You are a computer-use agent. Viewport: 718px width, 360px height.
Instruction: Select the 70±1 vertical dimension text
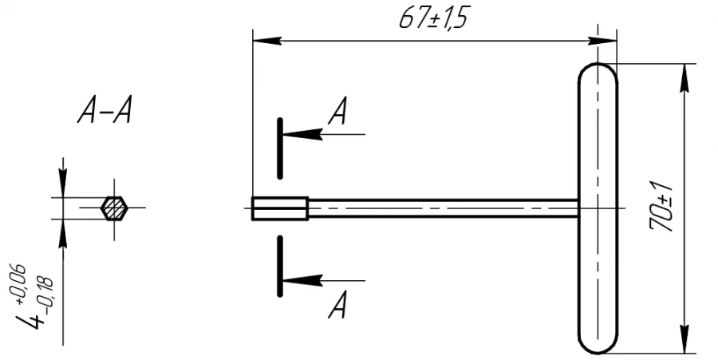coord(662,206)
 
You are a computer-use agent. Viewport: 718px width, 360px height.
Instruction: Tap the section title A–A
coord(105,113)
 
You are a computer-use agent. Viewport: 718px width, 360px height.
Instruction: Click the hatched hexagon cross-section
coord(114,208)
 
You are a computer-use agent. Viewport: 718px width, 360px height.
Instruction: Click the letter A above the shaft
coord(338,115)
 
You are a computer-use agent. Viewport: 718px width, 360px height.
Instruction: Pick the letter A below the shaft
coord(338,306)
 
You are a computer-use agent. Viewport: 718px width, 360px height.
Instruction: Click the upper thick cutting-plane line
coord(280,148)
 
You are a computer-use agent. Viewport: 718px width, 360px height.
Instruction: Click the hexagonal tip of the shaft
coord(280,208)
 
